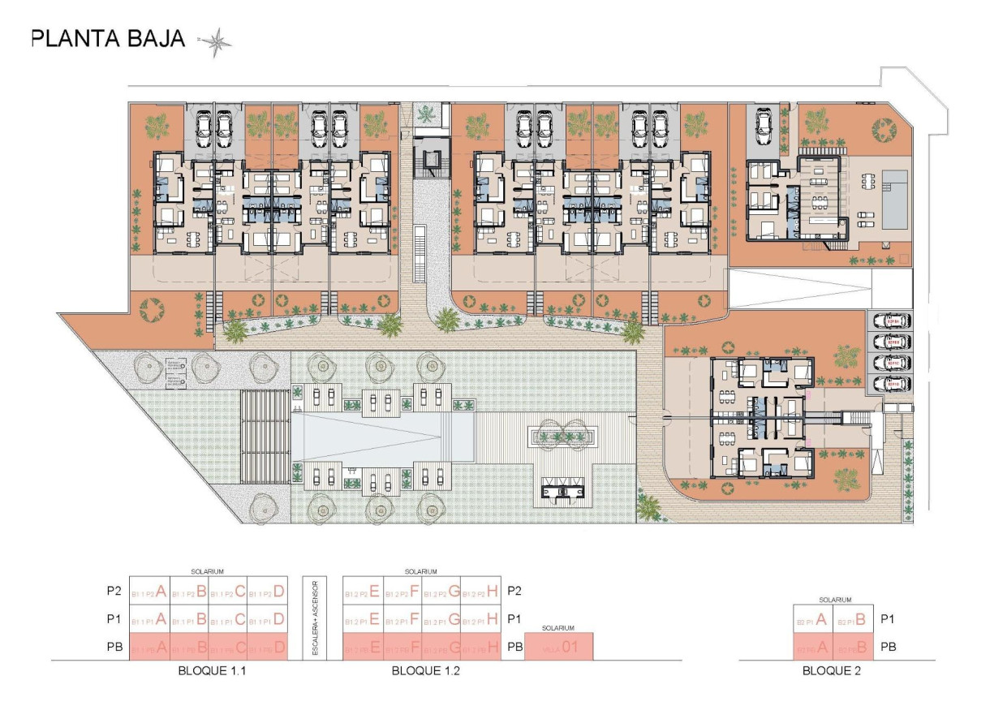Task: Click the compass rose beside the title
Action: [215, 42]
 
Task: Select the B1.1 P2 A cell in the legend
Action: [149, 592]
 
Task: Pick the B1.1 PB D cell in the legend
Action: [268, 648]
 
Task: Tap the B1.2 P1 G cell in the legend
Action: [442, 620]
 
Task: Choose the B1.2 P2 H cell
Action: [482, 592]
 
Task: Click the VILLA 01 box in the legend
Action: [559, 648]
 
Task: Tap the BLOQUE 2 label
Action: [832, 671]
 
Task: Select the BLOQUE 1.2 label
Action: [421, 671]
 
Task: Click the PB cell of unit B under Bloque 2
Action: [853, 648]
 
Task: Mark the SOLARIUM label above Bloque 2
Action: [835, 601]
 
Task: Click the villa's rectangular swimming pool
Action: [895, 200]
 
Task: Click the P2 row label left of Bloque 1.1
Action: [114, 592]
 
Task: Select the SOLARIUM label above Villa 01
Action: [559, 628]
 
